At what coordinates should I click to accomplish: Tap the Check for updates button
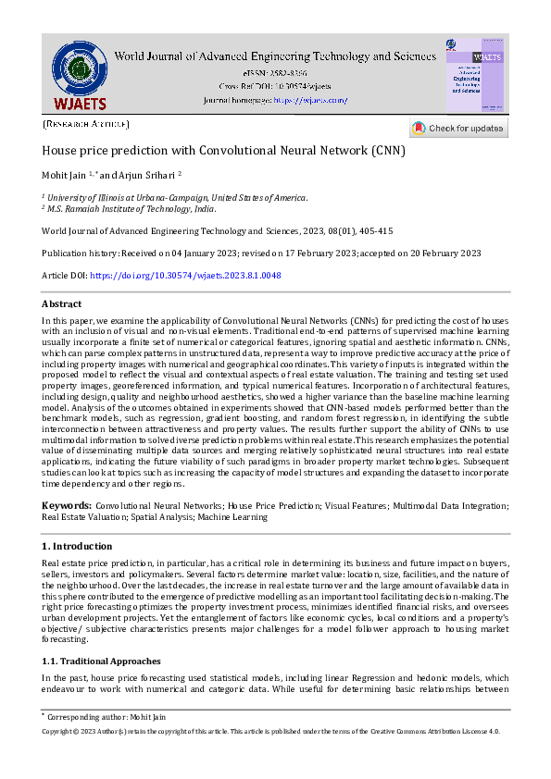(x=458, y=129)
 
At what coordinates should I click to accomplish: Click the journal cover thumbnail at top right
(x=475, y=76)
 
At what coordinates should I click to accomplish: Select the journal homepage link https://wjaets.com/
(x=310, y=100)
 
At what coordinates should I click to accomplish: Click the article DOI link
(x=185, y=276)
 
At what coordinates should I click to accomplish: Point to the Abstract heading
(x=61, y=303)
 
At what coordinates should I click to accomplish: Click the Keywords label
(x=66, y=506)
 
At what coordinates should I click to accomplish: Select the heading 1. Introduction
(x=77, y=547)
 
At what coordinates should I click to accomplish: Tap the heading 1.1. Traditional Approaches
(x=101, y=662)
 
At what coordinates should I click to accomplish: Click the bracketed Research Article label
(x=86, y=123)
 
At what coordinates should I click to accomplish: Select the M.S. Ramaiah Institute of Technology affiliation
(x=130, y=210)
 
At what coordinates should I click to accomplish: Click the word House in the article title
(x=59, y=150)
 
